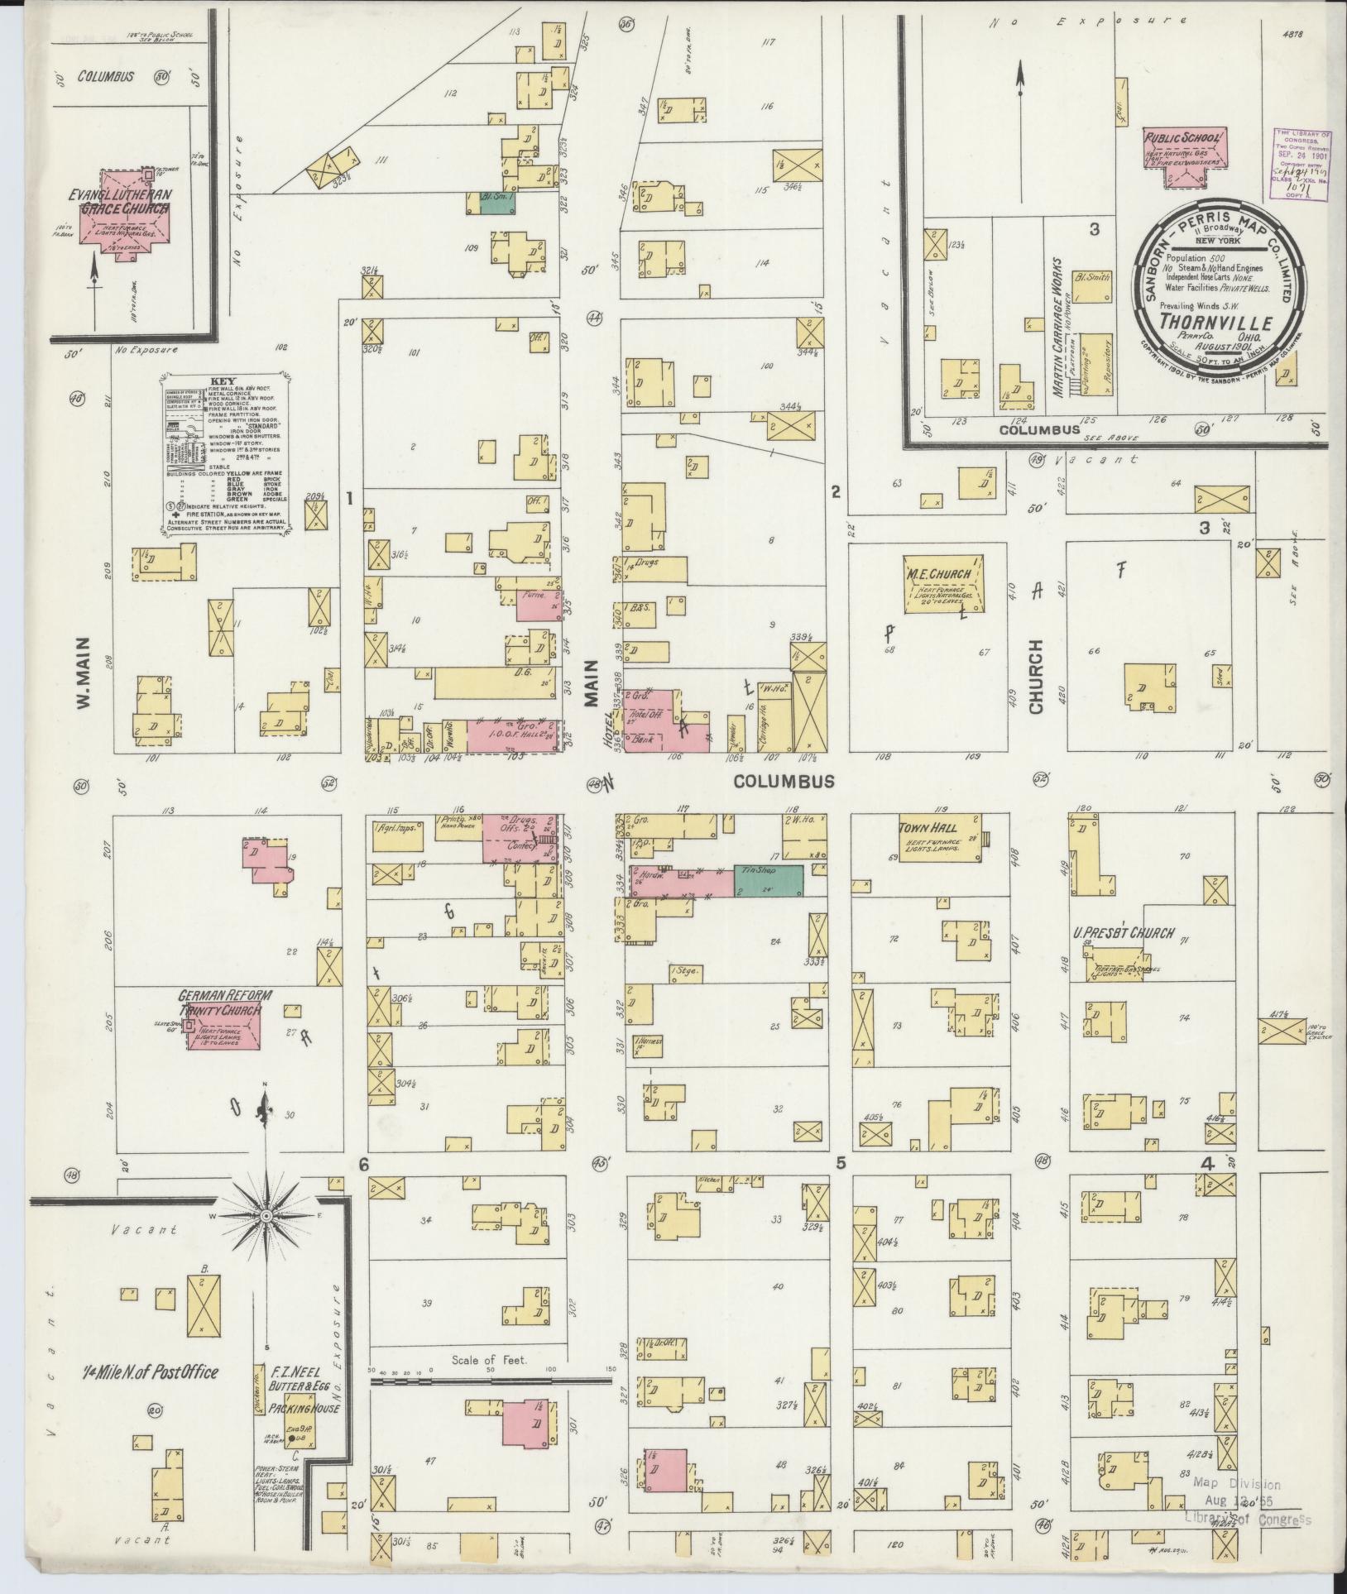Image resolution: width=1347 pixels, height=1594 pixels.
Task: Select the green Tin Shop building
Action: (768, 881)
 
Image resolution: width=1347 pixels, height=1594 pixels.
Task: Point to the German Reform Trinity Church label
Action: (219, 1003)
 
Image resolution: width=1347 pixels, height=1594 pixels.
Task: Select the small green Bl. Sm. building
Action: (496, 205)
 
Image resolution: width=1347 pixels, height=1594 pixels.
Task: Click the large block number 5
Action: (840, 1162)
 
